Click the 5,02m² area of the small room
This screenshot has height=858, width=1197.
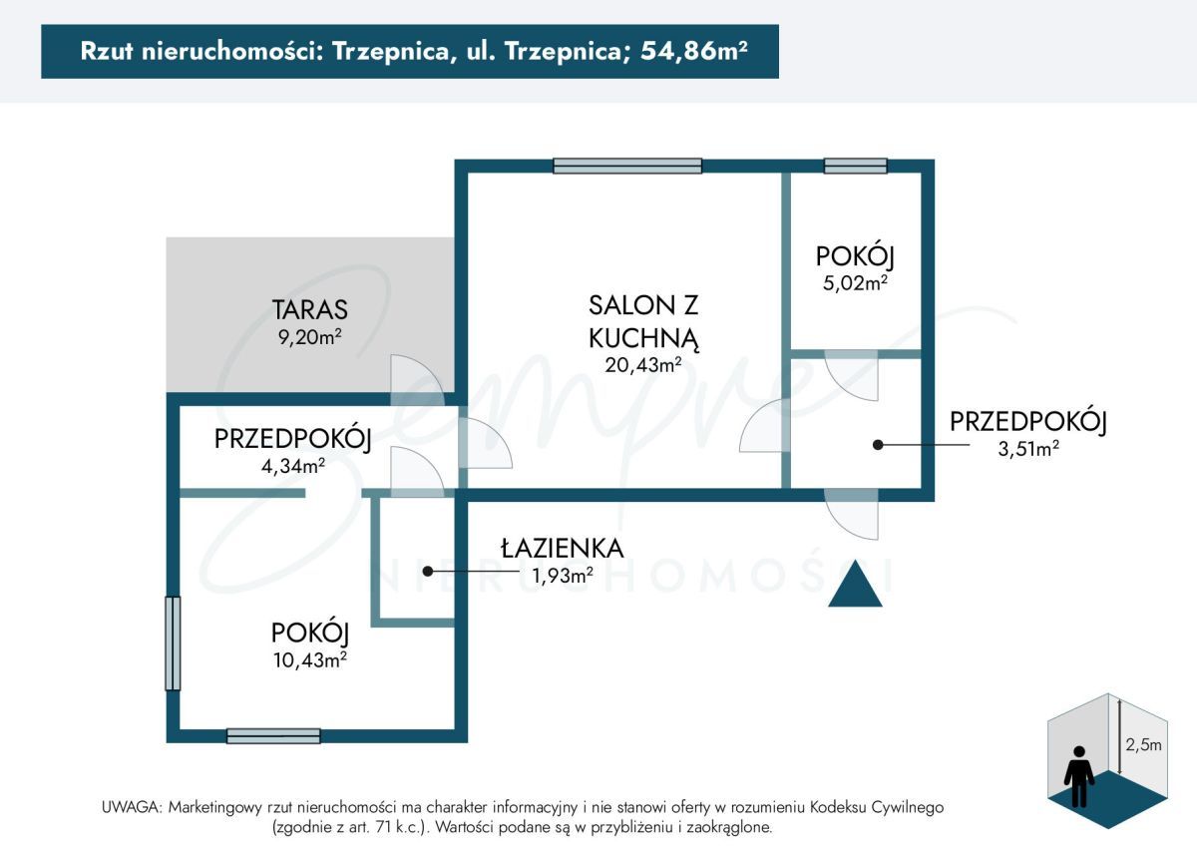854,282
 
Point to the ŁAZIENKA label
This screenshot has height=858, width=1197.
563,548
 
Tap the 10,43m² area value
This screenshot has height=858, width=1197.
309,658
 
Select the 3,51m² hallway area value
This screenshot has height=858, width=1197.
1027,448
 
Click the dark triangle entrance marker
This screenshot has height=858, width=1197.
855,586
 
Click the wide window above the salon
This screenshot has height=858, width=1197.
627,167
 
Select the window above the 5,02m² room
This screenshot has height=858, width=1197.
855,167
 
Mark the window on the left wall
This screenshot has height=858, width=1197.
173,643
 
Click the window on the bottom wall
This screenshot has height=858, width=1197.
273,736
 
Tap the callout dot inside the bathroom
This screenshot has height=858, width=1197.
428,572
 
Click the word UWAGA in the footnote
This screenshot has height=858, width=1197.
131,807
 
